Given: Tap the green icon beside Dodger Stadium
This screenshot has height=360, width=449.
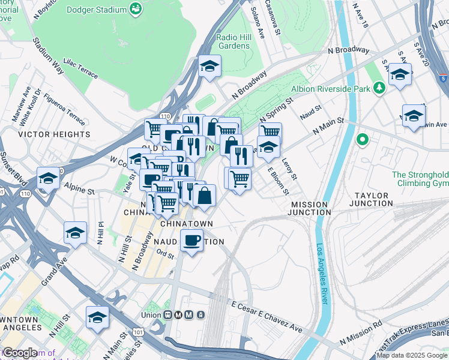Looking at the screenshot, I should [x=136, y=10].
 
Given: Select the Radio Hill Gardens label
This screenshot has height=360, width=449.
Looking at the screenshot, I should [x=234, y=41].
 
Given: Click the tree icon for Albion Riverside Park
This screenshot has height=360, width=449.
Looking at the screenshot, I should [x=379, y=89].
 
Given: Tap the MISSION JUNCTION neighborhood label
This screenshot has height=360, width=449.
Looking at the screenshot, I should [x=310, y=208].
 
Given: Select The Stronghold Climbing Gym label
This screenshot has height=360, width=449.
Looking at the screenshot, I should [x=420, y=179].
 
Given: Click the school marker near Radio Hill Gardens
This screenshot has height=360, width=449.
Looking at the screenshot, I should [x=209, y=67].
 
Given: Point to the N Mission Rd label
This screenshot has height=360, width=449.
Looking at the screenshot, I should [x=360, y=332].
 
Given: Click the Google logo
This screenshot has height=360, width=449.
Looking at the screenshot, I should [x=20, y=353].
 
